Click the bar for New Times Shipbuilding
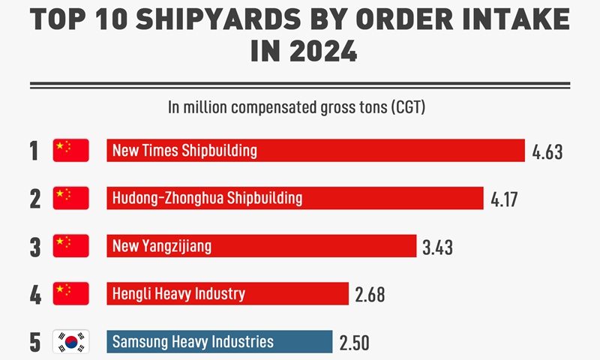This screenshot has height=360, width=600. tap(315, 151)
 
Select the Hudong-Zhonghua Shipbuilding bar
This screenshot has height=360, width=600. tap(295, 198)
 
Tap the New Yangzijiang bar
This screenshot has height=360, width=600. tap(261, 246)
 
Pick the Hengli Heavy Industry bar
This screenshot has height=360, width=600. tap(227, 293)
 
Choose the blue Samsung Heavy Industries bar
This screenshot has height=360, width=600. tap(219, 342)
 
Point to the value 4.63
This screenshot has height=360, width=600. tap(547, 153)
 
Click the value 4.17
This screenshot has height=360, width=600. tap(504, 200)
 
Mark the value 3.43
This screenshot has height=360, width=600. tap(437, 247)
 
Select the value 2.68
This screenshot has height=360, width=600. tap(370, 295)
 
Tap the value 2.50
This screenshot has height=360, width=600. tap(354, 343)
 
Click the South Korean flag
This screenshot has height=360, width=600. tap(71, 342)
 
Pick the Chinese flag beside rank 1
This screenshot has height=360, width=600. tap(71, 151)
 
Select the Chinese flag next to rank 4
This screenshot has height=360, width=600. tap(71, 293)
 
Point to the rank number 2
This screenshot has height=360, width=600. tap(34, 199)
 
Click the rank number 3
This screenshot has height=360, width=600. tap(34, 247)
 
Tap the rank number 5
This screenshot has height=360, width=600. tap(34, 343)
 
